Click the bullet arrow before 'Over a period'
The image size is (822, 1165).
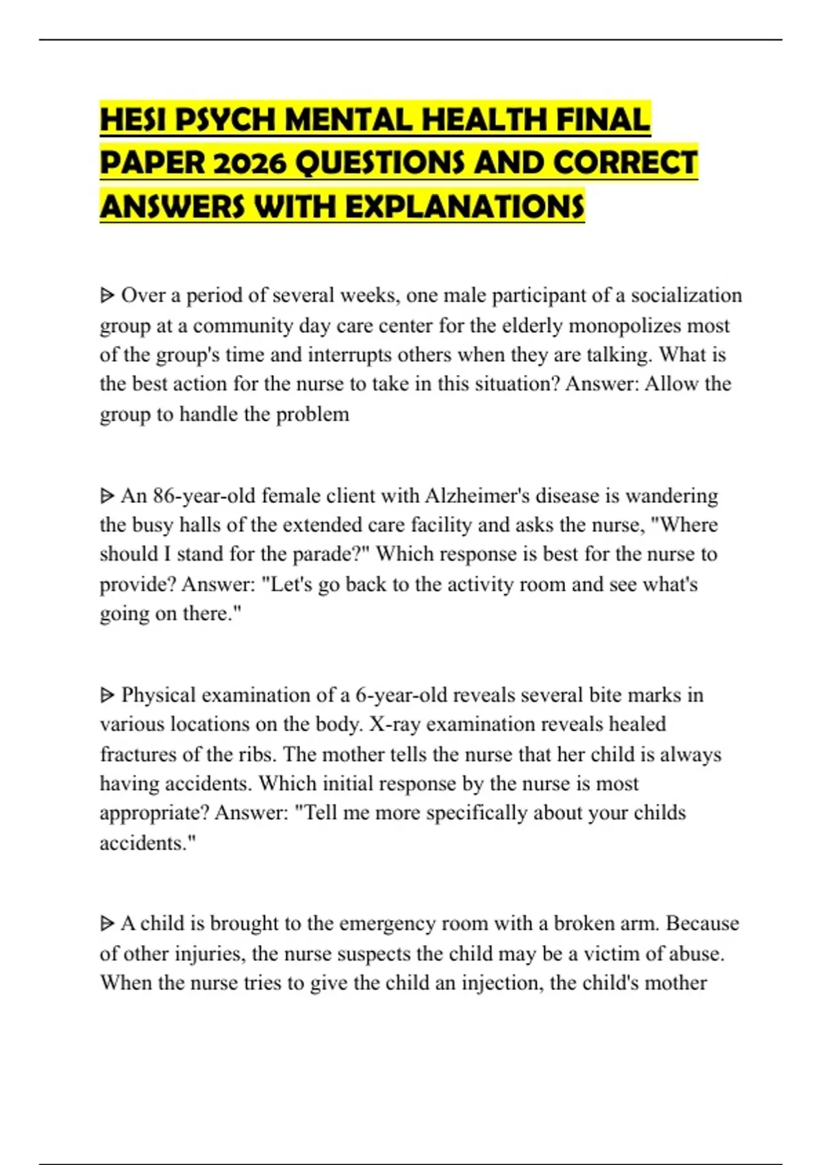[107, 296]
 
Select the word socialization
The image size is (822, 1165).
[686, 295]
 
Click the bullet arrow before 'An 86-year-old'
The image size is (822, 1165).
[107, 495]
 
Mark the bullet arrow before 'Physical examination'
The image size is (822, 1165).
[107, 696]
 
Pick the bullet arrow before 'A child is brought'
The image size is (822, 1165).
[107, 924]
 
